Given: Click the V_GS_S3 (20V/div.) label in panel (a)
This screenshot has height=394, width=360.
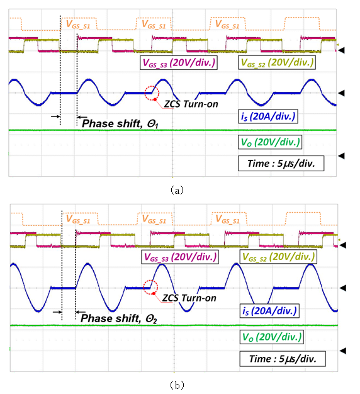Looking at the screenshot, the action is click(179, 62).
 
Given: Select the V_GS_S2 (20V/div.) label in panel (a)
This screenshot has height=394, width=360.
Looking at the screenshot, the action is click(277, 62).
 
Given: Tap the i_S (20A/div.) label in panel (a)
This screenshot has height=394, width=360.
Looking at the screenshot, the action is click(268, 116).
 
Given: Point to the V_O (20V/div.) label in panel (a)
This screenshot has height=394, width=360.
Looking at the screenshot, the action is click(270, 142).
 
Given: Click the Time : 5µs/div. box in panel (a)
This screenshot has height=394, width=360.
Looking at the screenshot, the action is click(281, 164).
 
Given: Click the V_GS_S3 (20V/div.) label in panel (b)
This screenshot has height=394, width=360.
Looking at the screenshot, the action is click(180, 257).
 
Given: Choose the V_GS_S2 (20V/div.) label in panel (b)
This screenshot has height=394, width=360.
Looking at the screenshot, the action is click(278, 257).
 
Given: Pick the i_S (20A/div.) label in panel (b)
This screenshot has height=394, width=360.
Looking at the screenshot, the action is click(269, 311).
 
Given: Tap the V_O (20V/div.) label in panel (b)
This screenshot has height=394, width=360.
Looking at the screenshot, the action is click(271, 337).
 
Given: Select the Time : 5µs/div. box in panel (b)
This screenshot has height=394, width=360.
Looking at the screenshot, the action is click(283, 359).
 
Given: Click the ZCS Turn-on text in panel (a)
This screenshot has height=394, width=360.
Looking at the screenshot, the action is click(191, 104).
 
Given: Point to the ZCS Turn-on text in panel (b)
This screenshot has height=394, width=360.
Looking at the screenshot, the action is click(189, 298).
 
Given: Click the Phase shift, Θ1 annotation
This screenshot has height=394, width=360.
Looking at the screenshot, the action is click(120, 123).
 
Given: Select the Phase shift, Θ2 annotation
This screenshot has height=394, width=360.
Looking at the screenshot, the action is click(119, 318).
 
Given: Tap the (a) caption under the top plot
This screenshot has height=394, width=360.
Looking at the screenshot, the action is click(177, 190).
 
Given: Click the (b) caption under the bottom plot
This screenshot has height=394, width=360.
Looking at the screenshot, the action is click(177, 385).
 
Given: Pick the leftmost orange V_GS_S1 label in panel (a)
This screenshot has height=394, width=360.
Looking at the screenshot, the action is click(77, 25).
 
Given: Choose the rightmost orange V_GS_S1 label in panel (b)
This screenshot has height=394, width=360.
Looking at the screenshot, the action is click(228, 219).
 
